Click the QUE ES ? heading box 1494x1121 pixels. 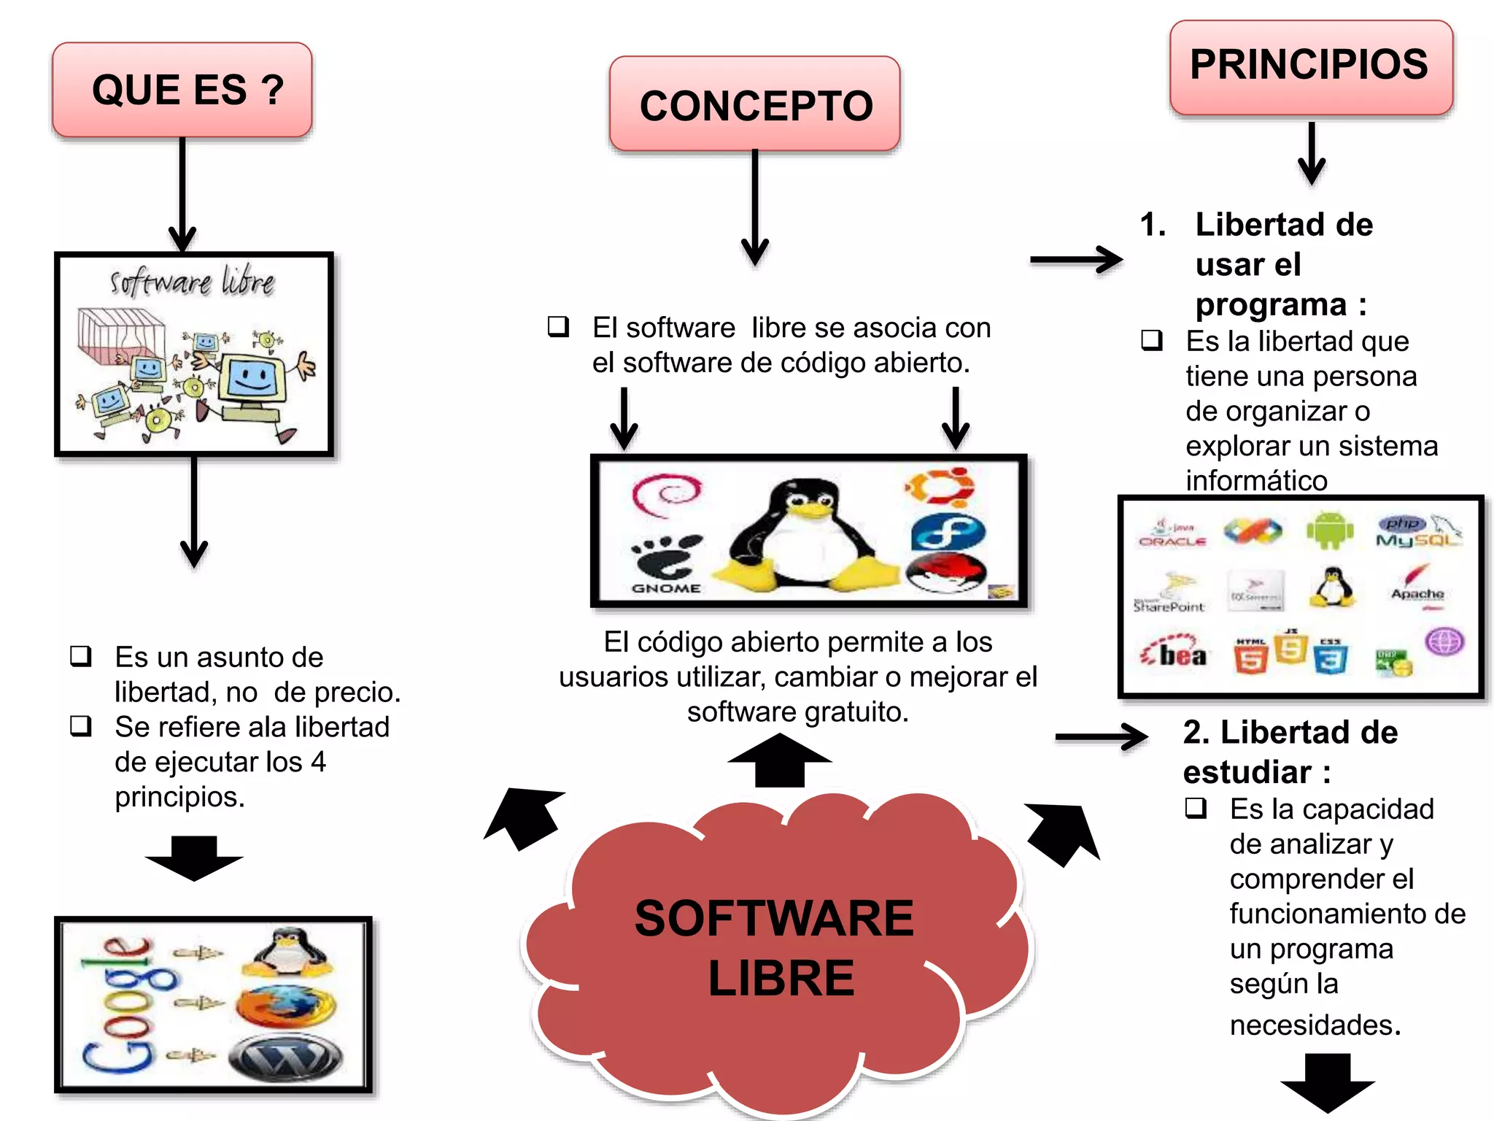(182, 90)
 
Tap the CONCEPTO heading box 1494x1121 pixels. (755, 104)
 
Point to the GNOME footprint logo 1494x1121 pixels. (665, 563)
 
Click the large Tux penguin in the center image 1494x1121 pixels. (802, 536)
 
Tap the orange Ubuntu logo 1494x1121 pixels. (940, 488)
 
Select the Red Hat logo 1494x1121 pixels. (946, 573)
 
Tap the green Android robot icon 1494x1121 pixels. (1330, 531)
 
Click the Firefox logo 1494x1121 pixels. (286, 1006)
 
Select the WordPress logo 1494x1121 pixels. (286, 1058)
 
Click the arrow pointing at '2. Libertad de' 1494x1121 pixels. (1102, 737)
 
